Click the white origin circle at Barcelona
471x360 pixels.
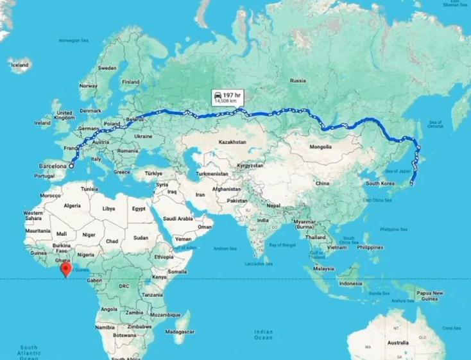[x=71, y=166]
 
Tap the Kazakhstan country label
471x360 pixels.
[x=232, y=141]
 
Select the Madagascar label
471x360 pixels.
[x=178, y=332]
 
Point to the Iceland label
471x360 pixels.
[x=19, y=65]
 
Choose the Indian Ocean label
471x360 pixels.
[x=263, y=334]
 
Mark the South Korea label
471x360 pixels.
[x=379, y=184]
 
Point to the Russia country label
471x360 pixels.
[x=297, y=81]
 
